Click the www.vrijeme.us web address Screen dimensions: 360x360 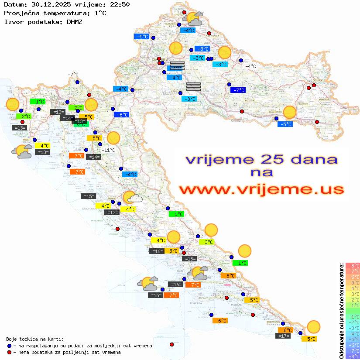261,189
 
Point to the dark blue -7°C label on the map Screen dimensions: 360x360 238,90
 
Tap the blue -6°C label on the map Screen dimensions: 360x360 121,115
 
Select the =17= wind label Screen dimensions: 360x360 284,336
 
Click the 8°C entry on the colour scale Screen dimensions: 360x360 353,265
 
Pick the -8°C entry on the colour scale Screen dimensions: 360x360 353,356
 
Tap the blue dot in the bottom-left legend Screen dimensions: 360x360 9,346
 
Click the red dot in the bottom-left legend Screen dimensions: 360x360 9,352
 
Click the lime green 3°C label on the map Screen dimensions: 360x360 206,242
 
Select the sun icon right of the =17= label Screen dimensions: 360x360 313,326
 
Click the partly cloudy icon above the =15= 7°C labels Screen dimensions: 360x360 148,284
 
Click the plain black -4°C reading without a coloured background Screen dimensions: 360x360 250,66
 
